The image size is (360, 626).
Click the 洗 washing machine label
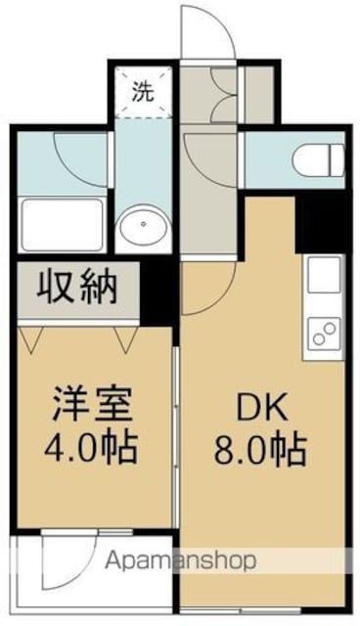point(143,93)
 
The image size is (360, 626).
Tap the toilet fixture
point(319,160)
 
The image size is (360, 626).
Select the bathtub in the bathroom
point(62,225)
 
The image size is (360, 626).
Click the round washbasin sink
point(143,226)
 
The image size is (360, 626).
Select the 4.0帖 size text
point(91,446)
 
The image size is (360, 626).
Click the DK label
point(261,408)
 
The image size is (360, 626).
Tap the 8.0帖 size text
point(260,450)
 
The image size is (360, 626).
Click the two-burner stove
point(324,335)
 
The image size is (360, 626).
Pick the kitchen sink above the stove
point(323,275)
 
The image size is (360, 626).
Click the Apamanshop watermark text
point(180,560)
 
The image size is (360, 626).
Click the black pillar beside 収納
point(157,291)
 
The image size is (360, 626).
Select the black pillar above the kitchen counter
point(322,223)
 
